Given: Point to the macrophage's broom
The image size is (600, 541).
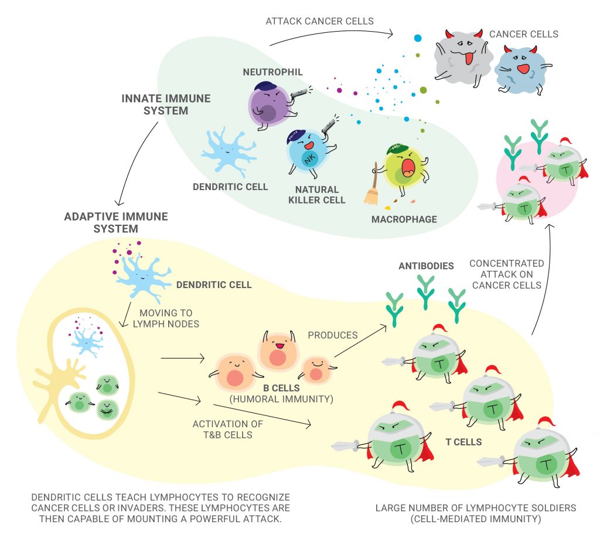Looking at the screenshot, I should [371, 191].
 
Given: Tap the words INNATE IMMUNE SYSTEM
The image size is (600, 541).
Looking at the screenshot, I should [166, 104].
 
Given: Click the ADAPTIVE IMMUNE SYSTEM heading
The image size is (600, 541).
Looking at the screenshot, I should [115, 222].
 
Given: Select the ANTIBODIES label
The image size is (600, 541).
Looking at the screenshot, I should [426, 266].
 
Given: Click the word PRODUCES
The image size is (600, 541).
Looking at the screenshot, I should [333, 335].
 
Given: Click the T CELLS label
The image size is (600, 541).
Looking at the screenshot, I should [463, 441].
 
